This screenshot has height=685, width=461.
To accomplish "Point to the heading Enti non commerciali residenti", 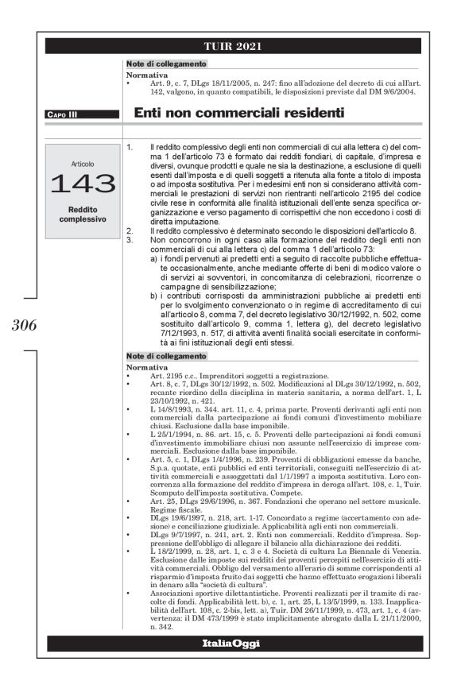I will click(x=238, y=114).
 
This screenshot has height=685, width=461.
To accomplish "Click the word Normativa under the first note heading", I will click(x=147, y=75).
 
